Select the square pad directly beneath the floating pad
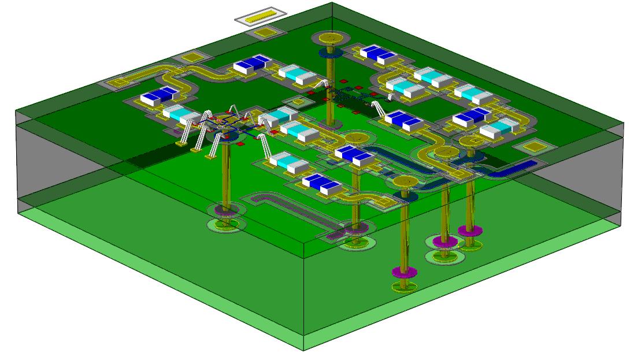[x=264, y=33]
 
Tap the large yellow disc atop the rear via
[x=330, y=39]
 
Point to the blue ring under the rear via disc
[x=331, y=54]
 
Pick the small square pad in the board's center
[x=298, y=102]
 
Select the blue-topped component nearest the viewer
[x=322, y=183]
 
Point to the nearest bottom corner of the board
[x=303, y=349]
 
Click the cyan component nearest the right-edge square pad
[x=495, y=129]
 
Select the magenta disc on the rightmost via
[x=470, y=231]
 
